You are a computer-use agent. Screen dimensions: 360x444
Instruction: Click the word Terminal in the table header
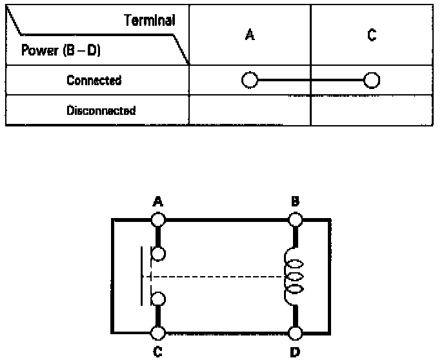[151, 20]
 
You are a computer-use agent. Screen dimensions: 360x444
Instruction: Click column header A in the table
[250, 36]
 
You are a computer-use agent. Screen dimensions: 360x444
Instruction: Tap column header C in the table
[372, 36]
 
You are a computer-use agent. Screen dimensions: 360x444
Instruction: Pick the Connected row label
[94, 81]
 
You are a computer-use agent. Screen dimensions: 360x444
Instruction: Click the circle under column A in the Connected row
[249, 81]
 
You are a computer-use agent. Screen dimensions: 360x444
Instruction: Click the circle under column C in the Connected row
[371, 81]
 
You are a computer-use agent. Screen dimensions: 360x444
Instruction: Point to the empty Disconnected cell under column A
[250, 110]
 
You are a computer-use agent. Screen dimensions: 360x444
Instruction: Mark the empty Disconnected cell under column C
[371, 110]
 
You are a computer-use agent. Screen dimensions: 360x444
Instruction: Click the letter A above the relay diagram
[157, 202]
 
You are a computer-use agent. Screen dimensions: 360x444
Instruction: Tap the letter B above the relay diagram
[295, 202]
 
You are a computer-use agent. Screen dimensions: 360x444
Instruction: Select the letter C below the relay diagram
[157, 353]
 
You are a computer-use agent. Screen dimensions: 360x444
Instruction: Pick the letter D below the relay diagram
[296, 353]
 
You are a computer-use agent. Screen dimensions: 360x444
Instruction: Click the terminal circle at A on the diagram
[158, 219]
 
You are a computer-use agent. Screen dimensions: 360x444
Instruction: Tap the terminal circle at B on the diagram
[296, 219]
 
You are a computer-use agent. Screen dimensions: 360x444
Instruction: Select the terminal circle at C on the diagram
[158, 333]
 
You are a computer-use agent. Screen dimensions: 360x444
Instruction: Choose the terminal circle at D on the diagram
[296, 333]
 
